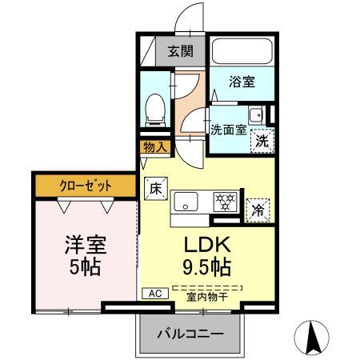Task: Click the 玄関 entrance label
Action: click(180, 52)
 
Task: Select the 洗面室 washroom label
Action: click(228, 130)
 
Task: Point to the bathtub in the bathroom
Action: click(243, 51)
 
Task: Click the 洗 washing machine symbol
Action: click(262, 141)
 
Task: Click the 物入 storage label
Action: click(154, 147)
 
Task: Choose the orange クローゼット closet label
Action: click(84, 186)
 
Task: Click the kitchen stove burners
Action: click(224, 201)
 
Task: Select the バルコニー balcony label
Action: click(189, 333)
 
